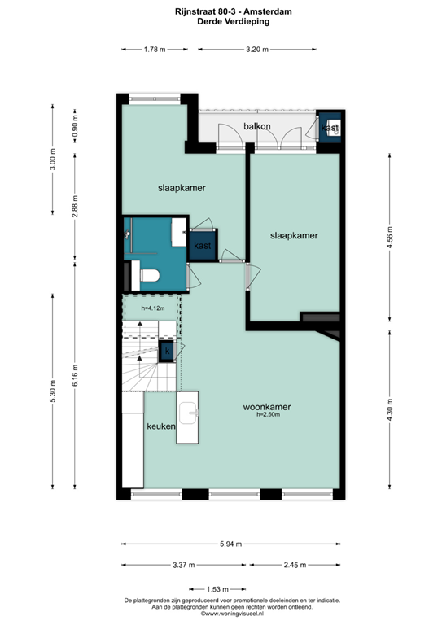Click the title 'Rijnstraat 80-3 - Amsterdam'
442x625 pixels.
tap(222, 12)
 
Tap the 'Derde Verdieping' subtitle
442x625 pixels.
tap(222, 22)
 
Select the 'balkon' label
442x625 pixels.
tap(257, 126)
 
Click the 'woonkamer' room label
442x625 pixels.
tap(267, 407)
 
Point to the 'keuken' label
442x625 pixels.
tap(160, 426)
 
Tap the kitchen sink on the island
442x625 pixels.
tap(192, 413)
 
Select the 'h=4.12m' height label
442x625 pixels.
tap(153, 308)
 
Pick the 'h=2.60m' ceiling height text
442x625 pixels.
tap(268, 416)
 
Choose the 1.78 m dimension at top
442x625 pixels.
tap(155, 50)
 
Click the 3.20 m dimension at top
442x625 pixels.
tap(257, 50)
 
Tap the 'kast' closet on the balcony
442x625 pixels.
tap(330, 128)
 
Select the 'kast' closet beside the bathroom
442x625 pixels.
tap(203, 245)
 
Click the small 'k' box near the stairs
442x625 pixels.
tap(167, 351)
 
